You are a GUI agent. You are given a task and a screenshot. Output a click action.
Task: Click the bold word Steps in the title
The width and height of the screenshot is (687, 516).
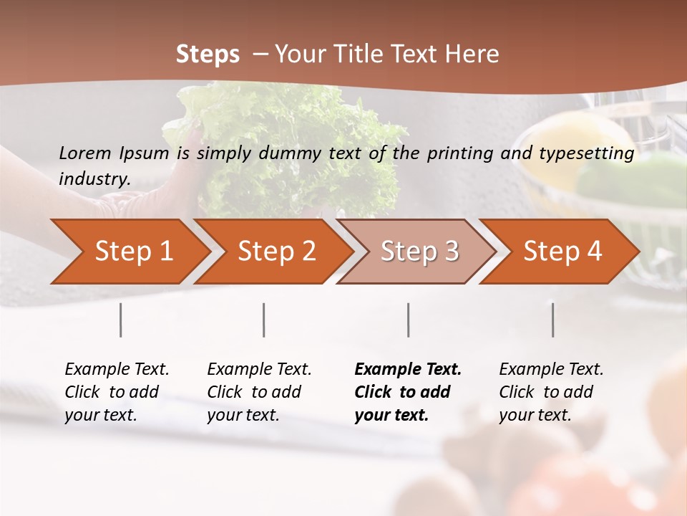(x=208, y=54)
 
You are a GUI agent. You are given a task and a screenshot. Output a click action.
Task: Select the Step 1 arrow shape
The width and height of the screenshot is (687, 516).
(x=129, y=252)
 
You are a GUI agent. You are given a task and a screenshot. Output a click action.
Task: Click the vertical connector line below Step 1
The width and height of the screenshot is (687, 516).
(x=121, y=320)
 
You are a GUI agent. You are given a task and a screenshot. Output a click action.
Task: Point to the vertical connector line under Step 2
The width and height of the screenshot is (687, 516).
(x=264, y=320)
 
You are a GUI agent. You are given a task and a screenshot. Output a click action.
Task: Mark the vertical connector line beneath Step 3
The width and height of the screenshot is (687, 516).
(x=409, y=320)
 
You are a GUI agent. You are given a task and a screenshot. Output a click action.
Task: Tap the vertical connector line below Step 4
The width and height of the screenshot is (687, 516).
(x=553, y=320)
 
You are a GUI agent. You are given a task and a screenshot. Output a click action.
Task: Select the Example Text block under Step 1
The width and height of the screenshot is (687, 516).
(x=116, y=392)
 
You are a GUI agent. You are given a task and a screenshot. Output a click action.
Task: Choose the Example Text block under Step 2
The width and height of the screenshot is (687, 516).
(x=258, y=392)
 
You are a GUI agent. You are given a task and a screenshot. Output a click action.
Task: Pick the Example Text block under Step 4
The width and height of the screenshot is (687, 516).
(x=550, y=392)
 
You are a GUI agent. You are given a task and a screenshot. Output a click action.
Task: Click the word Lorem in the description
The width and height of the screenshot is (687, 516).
(x=85, y=153)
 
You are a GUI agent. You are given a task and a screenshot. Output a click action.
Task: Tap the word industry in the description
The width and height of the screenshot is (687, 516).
(x=94, y=179)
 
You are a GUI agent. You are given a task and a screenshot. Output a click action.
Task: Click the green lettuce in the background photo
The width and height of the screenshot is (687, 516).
(x=286, y=143)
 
